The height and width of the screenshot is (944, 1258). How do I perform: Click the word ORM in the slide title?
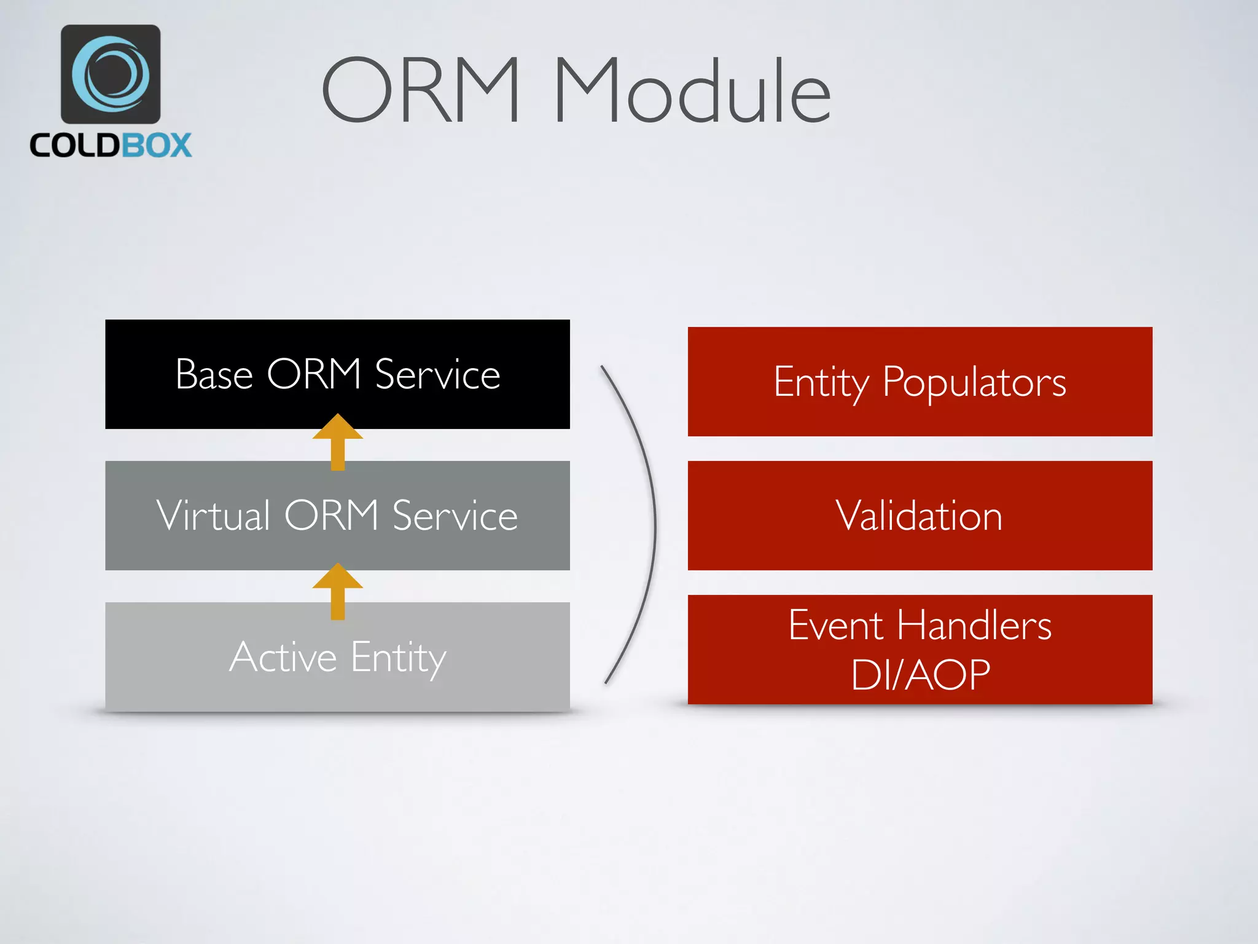(421, 90)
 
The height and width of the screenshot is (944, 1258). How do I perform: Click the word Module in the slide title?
(692, 90)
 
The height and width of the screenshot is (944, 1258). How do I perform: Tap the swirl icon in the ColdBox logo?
(111, 74)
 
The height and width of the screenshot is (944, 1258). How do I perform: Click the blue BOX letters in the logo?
(156, 146)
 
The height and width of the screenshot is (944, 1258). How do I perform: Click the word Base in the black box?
(214, 374)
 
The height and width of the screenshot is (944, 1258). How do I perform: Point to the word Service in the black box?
(437, 374)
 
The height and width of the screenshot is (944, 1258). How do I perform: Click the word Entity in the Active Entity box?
(399, 658)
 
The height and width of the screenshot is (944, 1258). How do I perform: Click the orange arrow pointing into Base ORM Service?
(337, 441)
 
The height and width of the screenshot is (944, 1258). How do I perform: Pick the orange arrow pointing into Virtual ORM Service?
(337, 591)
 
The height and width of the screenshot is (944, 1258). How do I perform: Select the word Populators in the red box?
(974, 383)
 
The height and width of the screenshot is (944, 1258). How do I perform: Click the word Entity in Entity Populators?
(821, 383)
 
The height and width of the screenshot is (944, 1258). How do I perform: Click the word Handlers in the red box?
(974, 626)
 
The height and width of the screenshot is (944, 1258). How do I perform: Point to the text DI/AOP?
(920, 675)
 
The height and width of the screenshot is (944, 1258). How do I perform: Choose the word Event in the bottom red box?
(837, 626)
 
